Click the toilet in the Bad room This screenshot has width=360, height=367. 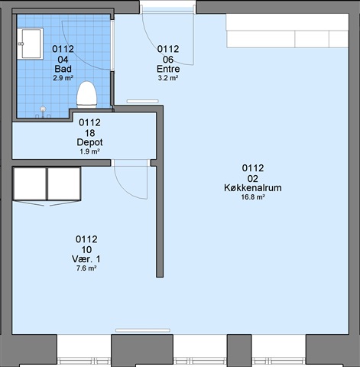click(x=87, y=95)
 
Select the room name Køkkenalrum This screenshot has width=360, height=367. click(x=253, y=188)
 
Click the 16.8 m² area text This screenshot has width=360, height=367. click(x=253, y=197)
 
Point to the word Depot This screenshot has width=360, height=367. click(x=89, y=142)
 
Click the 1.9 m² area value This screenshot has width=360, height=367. click(x=89, y=151)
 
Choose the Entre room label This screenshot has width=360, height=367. click(x=168, y=69)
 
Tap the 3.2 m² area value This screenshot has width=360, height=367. click(x=168, y=78)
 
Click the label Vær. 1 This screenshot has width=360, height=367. click(x=86, y=259)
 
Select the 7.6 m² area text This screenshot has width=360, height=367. click(x=86, y=268)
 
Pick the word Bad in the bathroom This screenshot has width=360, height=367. click(x=63, y=69)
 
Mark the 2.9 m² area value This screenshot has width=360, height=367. click(x=63, y=78)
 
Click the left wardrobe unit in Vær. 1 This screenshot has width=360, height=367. click(x=30, y=183)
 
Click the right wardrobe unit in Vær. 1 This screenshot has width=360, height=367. click(x=64, y=183)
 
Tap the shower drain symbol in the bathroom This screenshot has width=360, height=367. click(x=43, y=109)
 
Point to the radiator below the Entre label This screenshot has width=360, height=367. click(x=143, y=102)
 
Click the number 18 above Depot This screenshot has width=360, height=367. click(x=89, y=133)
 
